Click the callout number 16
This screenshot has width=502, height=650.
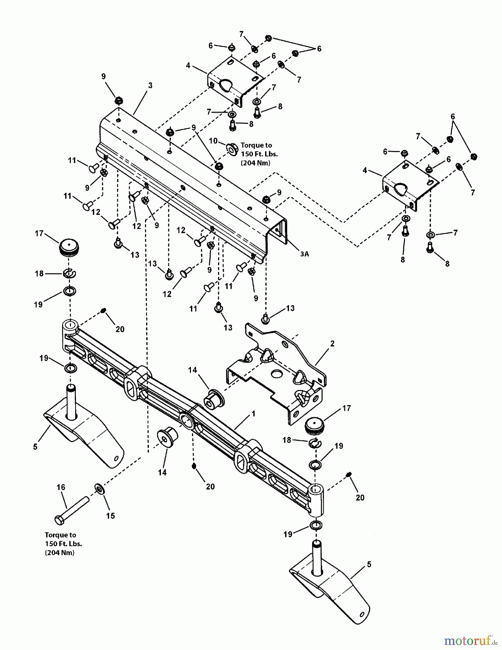[x=61, y=487]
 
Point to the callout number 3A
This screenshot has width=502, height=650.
[x=304, y=254]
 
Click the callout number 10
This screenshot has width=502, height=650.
[x=213, y=141]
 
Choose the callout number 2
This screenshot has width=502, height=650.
[x=332, y=343]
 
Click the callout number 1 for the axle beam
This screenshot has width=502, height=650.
[x=254, y=413]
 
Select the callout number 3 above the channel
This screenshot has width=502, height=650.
[x=150, y=86]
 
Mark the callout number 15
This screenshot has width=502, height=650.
[x=110, y=516]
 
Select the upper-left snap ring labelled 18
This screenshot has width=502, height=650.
[x=69, y=274]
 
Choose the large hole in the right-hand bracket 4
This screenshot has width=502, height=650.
[x=401, y=188]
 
